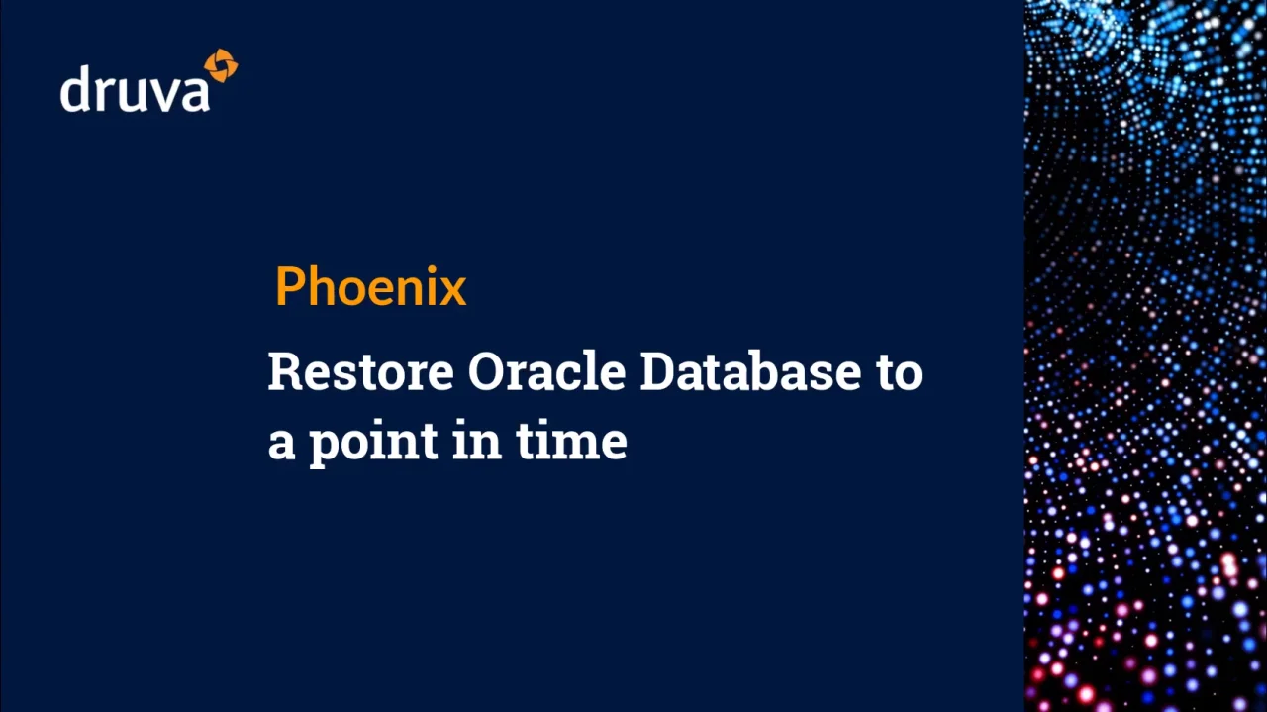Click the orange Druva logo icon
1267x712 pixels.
coord(221,65)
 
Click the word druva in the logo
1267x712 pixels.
coord(135,88)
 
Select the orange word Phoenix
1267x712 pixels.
coord(371,286)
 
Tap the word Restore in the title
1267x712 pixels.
coord(361,372)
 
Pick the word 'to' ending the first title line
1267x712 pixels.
coord(900,373)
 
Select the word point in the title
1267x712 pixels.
coord(374,441)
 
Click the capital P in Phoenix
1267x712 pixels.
coord(291,286)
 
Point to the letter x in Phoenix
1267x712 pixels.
coord(452,291)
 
